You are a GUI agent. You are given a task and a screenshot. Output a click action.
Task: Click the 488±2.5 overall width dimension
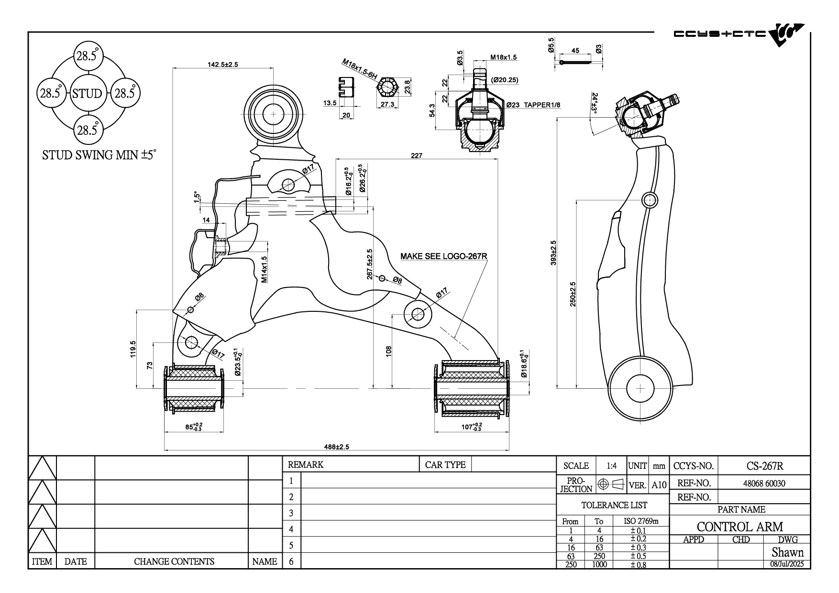[337, 447]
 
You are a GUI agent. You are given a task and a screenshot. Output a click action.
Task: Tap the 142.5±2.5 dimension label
[222, 65]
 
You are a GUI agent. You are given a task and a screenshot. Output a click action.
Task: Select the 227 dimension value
[417, 155]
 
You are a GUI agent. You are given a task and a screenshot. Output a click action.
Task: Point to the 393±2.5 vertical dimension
[553, 253]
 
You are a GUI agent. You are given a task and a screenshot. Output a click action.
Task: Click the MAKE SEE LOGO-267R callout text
[443, 256]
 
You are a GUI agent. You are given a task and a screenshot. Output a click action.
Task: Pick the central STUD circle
[87, 93]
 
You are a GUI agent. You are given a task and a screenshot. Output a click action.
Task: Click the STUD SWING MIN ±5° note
[99, 155]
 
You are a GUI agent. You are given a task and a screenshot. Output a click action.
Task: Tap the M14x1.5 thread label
[264, 269]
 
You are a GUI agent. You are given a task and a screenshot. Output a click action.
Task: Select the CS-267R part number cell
[764, 466]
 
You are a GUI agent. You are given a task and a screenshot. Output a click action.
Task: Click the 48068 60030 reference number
[764, 483]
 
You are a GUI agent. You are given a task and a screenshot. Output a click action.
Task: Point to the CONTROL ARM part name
[740, 527]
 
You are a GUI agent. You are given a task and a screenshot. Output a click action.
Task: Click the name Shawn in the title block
[787, 552]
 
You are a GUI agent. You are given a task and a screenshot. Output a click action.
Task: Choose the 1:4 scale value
[611, 466]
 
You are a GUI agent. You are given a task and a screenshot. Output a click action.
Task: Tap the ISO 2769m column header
[641, 521]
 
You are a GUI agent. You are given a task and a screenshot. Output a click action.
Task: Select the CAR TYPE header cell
[445, 464]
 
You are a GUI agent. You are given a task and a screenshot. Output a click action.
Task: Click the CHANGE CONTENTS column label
[174, 561]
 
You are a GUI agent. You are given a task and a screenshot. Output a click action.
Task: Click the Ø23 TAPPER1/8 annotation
[533, 105]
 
